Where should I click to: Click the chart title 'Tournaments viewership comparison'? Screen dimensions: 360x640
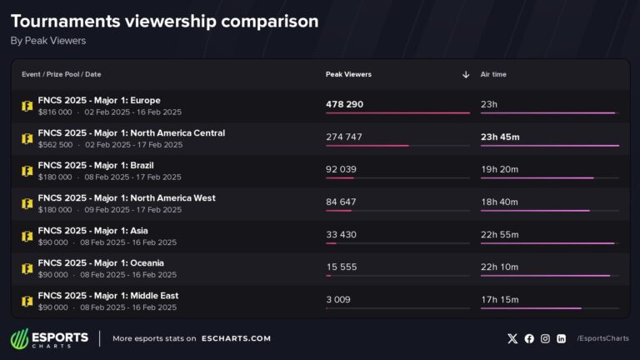(x=164, y=22)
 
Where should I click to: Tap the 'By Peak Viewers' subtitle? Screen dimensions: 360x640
(x=48, y=40)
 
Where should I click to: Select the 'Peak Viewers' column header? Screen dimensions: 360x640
(x=348, y=74)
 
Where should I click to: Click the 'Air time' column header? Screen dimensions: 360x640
(x=493, y=74)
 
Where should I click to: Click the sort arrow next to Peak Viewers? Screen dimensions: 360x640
(x=466, y=74)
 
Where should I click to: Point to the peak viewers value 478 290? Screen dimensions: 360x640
(x=345, y=104)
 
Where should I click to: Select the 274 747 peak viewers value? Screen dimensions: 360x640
(x=344, y=137)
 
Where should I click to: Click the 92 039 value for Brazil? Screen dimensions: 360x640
(x=341, y=169)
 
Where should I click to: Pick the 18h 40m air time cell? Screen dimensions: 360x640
(x=500, y=202)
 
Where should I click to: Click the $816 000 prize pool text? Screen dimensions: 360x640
(x=55, y=112)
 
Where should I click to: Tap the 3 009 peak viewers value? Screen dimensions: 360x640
(x=337, y=299)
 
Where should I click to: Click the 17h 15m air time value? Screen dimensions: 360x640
(x=500, y=299)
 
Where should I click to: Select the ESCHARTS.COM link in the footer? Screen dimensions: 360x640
(x=237, y=338)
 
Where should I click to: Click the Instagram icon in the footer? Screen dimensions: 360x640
(x=545, y=338)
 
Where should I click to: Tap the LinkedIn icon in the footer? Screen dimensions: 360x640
(x=562, y=338)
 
